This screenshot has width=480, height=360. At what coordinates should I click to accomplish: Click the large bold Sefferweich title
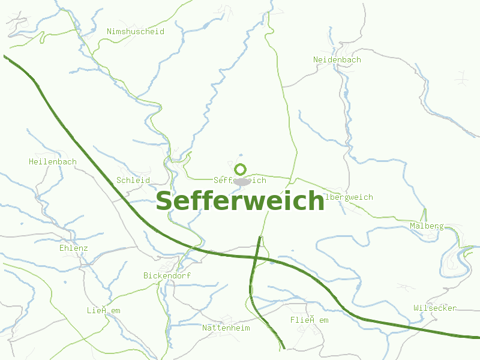click(240, 202)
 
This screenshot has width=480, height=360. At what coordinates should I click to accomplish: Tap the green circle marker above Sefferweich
click(241, 170)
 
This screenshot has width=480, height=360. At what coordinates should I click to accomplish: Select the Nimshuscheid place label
click(135, 31)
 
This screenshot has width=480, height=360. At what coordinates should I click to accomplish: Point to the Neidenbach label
click(337, 59)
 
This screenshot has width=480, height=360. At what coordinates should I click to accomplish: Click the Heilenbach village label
click(53, 161)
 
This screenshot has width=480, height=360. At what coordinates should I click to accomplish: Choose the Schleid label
click(133, 180)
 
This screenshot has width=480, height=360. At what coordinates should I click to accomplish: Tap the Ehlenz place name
click(74, 248)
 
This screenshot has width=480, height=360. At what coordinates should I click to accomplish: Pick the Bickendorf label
click(167, 275)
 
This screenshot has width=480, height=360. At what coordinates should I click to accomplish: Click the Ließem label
click(104, 310)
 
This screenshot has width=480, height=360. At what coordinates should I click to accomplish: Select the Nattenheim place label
click(226, 328)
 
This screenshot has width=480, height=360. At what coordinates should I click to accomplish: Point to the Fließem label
click(310, 320)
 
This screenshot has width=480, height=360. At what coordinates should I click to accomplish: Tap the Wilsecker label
click(435, 308)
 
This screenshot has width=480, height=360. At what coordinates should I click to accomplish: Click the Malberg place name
click(427, 226)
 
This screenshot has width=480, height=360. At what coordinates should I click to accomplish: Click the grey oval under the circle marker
click(241, 181)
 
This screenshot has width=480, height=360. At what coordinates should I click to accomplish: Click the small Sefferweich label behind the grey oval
click(240, 180)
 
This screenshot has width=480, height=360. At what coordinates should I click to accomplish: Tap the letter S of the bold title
click(164, 202)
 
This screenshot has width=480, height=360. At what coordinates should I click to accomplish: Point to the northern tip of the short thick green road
click(259, 238)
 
